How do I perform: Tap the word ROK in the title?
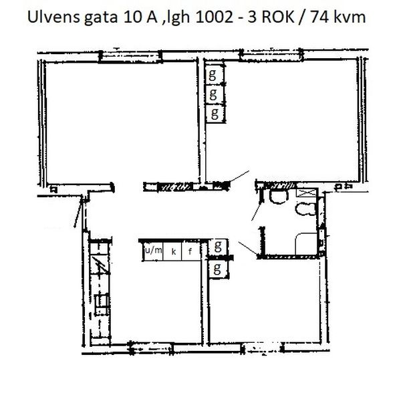(x=278, y=17)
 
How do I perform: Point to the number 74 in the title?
(x=320, y=17)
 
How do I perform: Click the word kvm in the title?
(x=350, y=17)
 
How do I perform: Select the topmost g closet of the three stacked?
(x=215, y=75)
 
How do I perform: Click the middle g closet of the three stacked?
(x=215, y=94)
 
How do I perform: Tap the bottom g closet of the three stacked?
(x=215, y=114)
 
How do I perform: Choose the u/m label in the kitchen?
(x=154, y=251)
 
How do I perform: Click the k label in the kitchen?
(x=174, y=252)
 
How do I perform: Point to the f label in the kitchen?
(x=190, y=252)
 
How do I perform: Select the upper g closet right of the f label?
(x=218, y=247)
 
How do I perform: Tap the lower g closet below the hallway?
(x=218, y=269)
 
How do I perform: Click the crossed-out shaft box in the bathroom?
(x=306, y=192)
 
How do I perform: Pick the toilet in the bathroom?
(x=306, y=209)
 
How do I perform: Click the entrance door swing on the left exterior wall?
(x=78, y=212)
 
